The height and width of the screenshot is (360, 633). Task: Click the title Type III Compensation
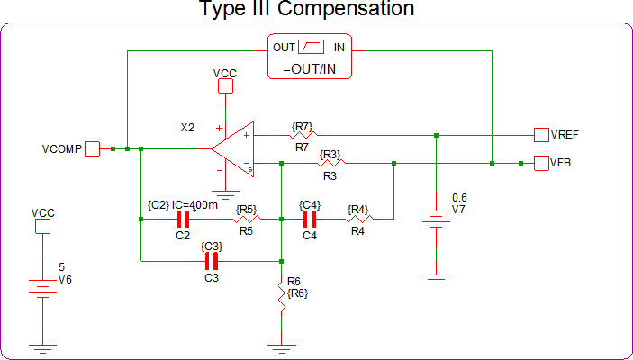point(306,10)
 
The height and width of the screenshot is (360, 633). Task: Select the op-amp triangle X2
point(235,148)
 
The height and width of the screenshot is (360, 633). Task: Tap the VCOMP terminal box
point(92,148)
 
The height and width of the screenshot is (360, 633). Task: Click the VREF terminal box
point(541,135)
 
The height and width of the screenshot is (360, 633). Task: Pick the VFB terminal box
point(541,163)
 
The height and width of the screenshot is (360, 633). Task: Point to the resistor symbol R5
point(247,218)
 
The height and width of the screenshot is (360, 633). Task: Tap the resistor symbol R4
point(359,218)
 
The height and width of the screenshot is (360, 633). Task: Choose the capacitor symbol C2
point(183,218)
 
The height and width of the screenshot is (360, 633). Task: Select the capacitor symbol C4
point(310,218)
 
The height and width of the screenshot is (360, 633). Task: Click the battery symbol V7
point(436,220)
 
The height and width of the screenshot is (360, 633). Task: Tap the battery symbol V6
point(41,287)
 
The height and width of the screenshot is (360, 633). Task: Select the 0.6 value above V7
point(459,197)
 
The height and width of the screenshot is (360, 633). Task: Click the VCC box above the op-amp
point(224,85)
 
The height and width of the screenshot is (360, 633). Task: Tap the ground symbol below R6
point(282,346)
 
